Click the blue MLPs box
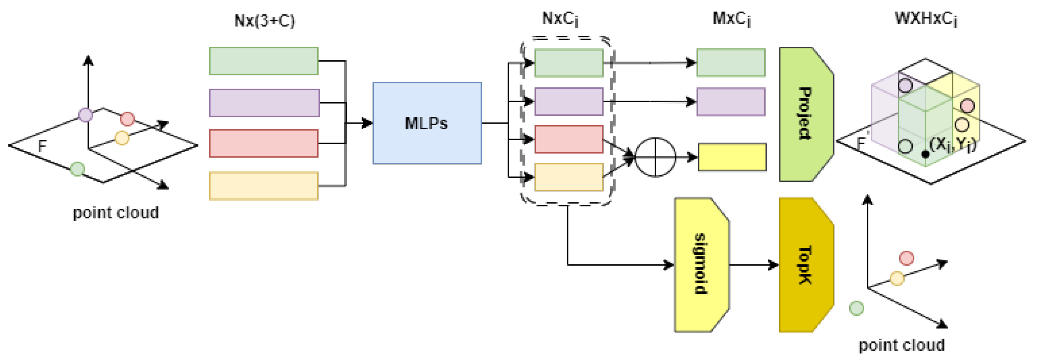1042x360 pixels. (427, 123)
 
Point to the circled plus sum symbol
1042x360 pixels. (655, 157)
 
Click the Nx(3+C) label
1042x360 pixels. (264, 21)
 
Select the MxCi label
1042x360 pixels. (732, 19)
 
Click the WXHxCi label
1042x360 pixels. (926, 19)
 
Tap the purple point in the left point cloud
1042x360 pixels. (85, 115)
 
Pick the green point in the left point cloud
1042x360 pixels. (78, 169)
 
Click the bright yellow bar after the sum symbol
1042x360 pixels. (732, 157)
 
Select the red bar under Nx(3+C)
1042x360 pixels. (263, 143)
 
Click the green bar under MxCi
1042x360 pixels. (731, 63)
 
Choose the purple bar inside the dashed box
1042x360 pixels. (569, 101)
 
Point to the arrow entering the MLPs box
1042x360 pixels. (361, 123)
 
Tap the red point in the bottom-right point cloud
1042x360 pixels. (907, 258)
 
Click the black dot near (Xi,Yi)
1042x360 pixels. (925, 154)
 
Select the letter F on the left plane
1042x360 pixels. (42, 146)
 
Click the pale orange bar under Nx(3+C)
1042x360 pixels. (263, 186)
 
